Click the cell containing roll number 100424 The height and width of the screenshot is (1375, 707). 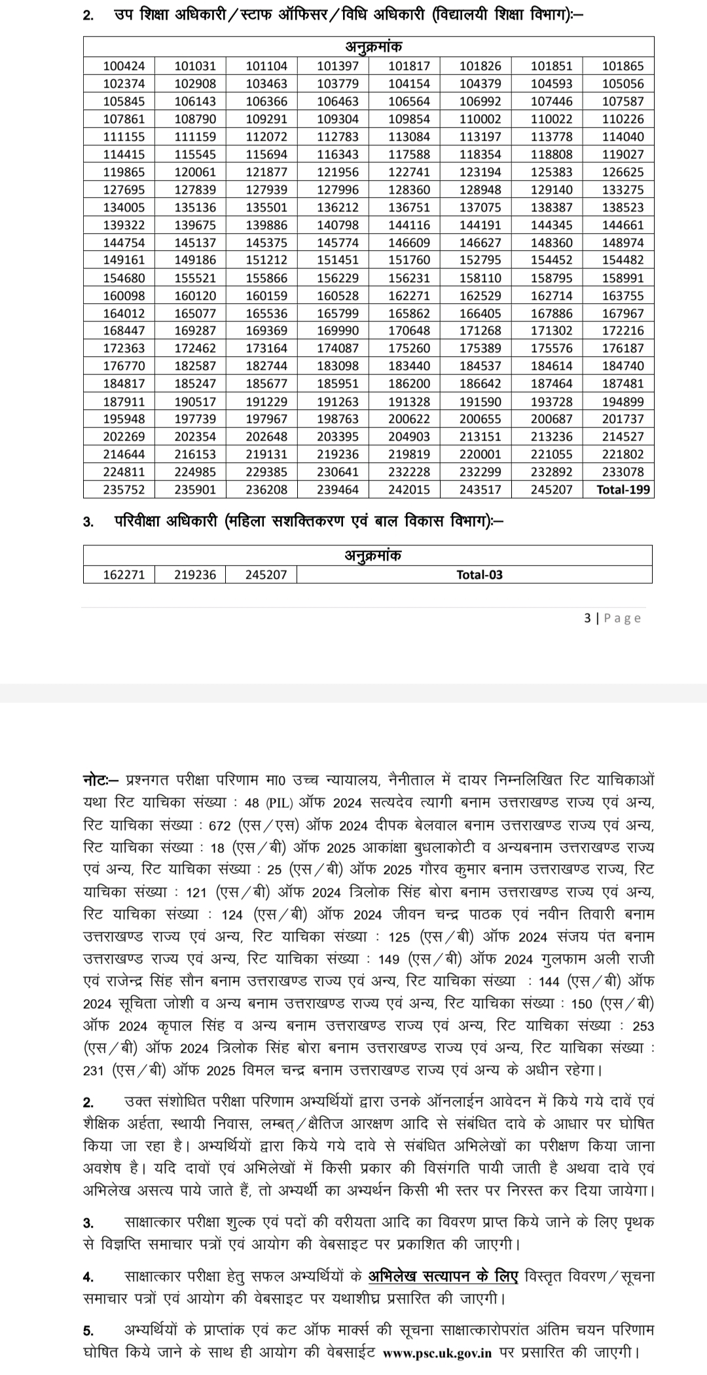point(118,66)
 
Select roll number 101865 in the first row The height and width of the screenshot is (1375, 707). point(618,66)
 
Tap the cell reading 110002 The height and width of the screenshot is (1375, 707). point(476,119)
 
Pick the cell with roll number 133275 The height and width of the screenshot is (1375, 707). point(618,190)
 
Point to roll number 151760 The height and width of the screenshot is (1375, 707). point(405,261)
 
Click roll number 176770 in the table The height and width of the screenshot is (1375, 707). point(118,366)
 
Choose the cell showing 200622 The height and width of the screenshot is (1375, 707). point(405,419)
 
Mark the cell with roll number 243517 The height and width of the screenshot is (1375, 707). point(476,489)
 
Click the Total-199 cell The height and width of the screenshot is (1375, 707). point(618,489)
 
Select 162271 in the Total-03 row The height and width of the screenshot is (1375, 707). point(118,575)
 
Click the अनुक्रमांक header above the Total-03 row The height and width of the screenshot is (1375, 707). point(368,555)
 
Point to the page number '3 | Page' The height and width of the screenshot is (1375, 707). point(612,618)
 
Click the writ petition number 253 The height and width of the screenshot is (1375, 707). point(643,1026)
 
